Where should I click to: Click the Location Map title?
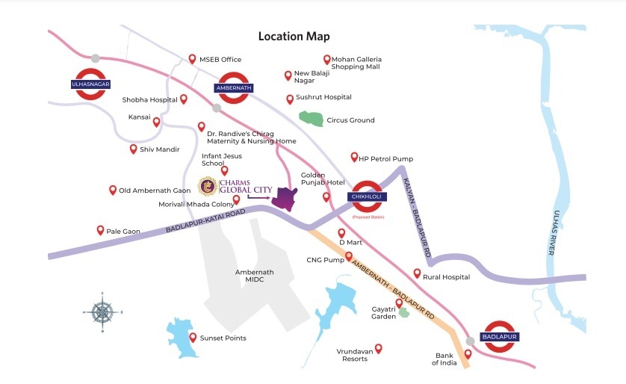pyautogui.click(x=294, y=36)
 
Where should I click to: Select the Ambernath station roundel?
pyautogui.click(x=233, y=87)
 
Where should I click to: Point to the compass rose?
pyautogui.click(x=103, y=311)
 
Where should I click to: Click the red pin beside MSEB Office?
pyautogui.click(x=192, y=58)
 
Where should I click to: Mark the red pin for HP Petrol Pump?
pyautogui.click(x=354, y=157)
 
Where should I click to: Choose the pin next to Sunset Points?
pyautogui.click(x=193, y=337)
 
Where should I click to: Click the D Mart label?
pyautogui.click(x=351, y=242)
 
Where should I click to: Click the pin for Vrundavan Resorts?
pyautogui.click(x=378, y=347)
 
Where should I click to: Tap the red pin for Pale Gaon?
pyautogui.click(x=100, y=230)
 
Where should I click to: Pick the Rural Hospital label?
pyautogui.click(x=446, y=277)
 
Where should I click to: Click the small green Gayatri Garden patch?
pyautogui.click(x=403, y=312)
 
